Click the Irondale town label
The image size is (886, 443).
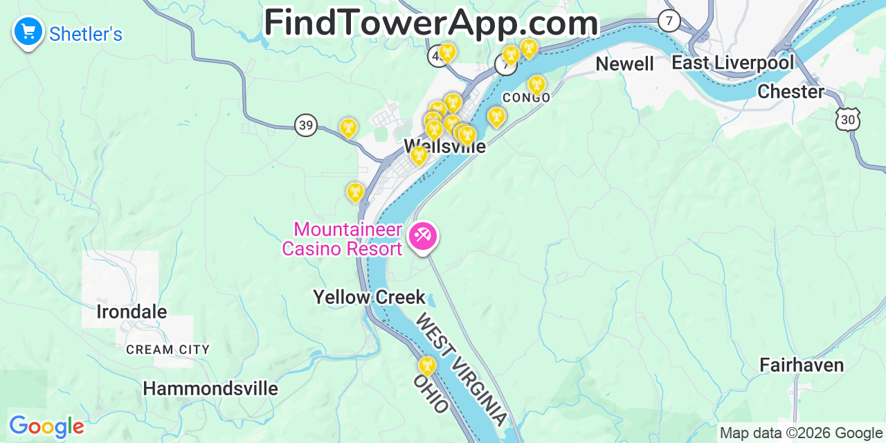132,311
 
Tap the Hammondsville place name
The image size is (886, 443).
210,389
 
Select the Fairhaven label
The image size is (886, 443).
802,365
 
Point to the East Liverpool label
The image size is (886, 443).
733,63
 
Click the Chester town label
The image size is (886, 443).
791,91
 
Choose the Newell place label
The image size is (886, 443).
624,64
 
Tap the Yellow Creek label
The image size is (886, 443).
369,297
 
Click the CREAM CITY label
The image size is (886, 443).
168,350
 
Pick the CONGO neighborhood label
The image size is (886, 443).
527,98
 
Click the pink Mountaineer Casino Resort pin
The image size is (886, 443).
422,236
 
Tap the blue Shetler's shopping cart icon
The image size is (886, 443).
28,31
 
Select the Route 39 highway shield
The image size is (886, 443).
306,125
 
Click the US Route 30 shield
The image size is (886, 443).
848,120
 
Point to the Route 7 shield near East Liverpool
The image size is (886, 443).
669,21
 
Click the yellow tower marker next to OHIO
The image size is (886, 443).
427,366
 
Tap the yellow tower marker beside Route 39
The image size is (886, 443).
348,127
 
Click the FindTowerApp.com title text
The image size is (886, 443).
431,22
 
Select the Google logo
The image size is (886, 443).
46,427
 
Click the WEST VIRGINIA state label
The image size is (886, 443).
461,370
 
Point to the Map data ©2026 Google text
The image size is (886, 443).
800,433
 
